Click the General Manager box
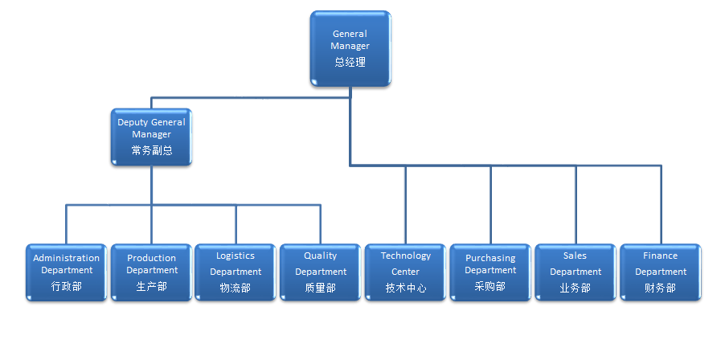(350, 47)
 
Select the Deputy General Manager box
(151, 137)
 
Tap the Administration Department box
(67, 272)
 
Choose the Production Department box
(151, 272)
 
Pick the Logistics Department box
(236, 272)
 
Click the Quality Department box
(321, 272)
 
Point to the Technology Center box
(406, 272)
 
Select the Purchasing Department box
(490, 272)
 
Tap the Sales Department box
(575, 272)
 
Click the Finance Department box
(660, 272)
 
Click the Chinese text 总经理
(350, 62)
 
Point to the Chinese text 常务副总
(152, 150)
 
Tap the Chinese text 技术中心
(406, 288)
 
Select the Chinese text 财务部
(660, 288)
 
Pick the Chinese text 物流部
(236, 288)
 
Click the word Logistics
(236, 256)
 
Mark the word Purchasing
(490, 258)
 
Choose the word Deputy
(133, 122)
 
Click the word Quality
(321, 256)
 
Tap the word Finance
(660, 256)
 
